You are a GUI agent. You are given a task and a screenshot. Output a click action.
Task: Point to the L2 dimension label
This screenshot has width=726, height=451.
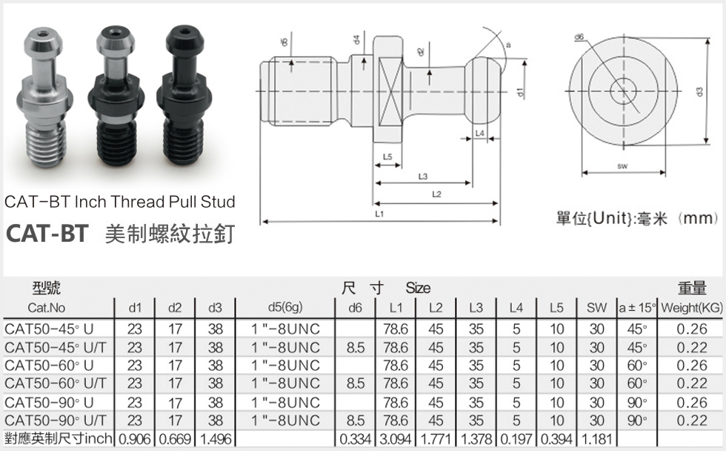(436, 194)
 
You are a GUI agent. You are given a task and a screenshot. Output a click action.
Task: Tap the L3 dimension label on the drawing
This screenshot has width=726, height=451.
(422, 176)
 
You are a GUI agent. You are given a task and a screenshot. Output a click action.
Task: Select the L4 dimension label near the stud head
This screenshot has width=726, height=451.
(479, 133)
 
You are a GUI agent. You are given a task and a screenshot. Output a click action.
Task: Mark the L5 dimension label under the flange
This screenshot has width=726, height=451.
(387, 157)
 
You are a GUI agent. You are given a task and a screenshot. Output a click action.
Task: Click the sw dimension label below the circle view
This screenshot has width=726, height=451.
(622, 167)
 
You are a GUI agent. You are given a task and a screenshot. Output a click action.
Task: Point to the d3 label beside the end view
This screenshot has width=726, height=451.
(699, 91)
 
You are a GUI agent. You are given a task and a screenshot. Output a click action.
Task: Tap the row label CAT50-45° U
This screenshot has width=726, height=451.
(49, 328)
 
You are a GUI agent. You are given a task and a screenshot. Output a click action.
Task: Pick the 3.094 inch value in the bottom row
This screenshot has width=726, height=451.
(396, 440)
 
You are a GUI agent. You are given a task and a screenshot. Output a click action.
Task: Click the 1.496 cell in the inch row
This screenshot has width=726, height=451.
(215, 440)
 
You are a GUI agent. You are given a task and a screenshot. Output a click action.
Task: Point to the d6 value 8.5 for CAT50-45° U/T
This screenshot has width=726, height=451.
(356, 346)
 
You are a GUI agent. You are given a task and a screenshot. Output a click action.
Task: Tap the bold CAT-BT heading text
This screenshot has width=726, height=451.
(47, 233)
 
